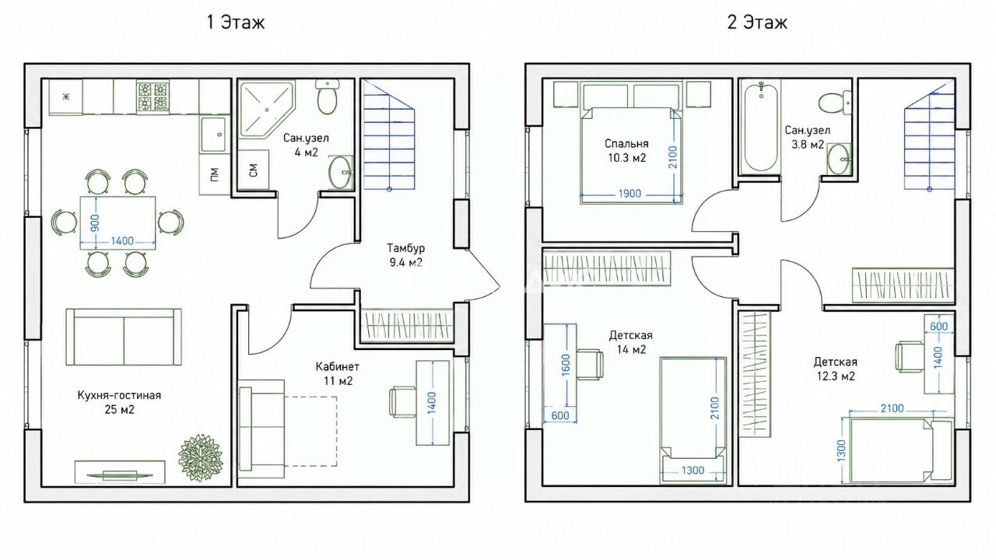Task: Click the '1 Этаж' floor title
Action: click(x=236, y=22)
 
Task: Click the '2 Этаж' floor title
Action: click(x=757, y=22)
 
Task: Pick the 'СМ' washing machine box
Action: click(x=253, y=170)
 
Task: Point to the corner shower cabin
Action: click(x=267, y=110)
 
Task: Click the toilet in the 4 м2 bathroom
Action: click(x=328, y=96)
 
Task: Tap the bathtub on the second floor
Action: click(x=762, y=128)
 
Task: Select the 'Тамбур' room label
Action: click(x=405, y=247)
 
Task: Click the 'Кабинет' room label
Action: click(x=338, y=366)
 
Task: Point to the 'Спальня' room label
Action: click(x=626, y=144)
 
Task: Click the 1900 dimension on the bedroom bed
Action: click(x=630, y=194)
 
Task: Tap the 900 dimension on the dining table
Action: click(x=95, y=223)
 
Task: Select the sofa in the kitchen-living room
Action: click(x=124, y=337)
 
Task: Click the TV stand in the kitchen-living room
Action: click(x=120, y=472)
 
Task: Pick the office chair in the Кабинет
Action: click(x=402, y=402)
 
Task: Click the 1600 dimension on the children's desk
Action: click(x=566, y=365)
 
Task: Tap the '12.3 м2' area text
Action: click(x=836, y=376)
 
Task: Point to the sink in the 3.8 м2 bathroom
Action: click(x=839, y=159)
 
